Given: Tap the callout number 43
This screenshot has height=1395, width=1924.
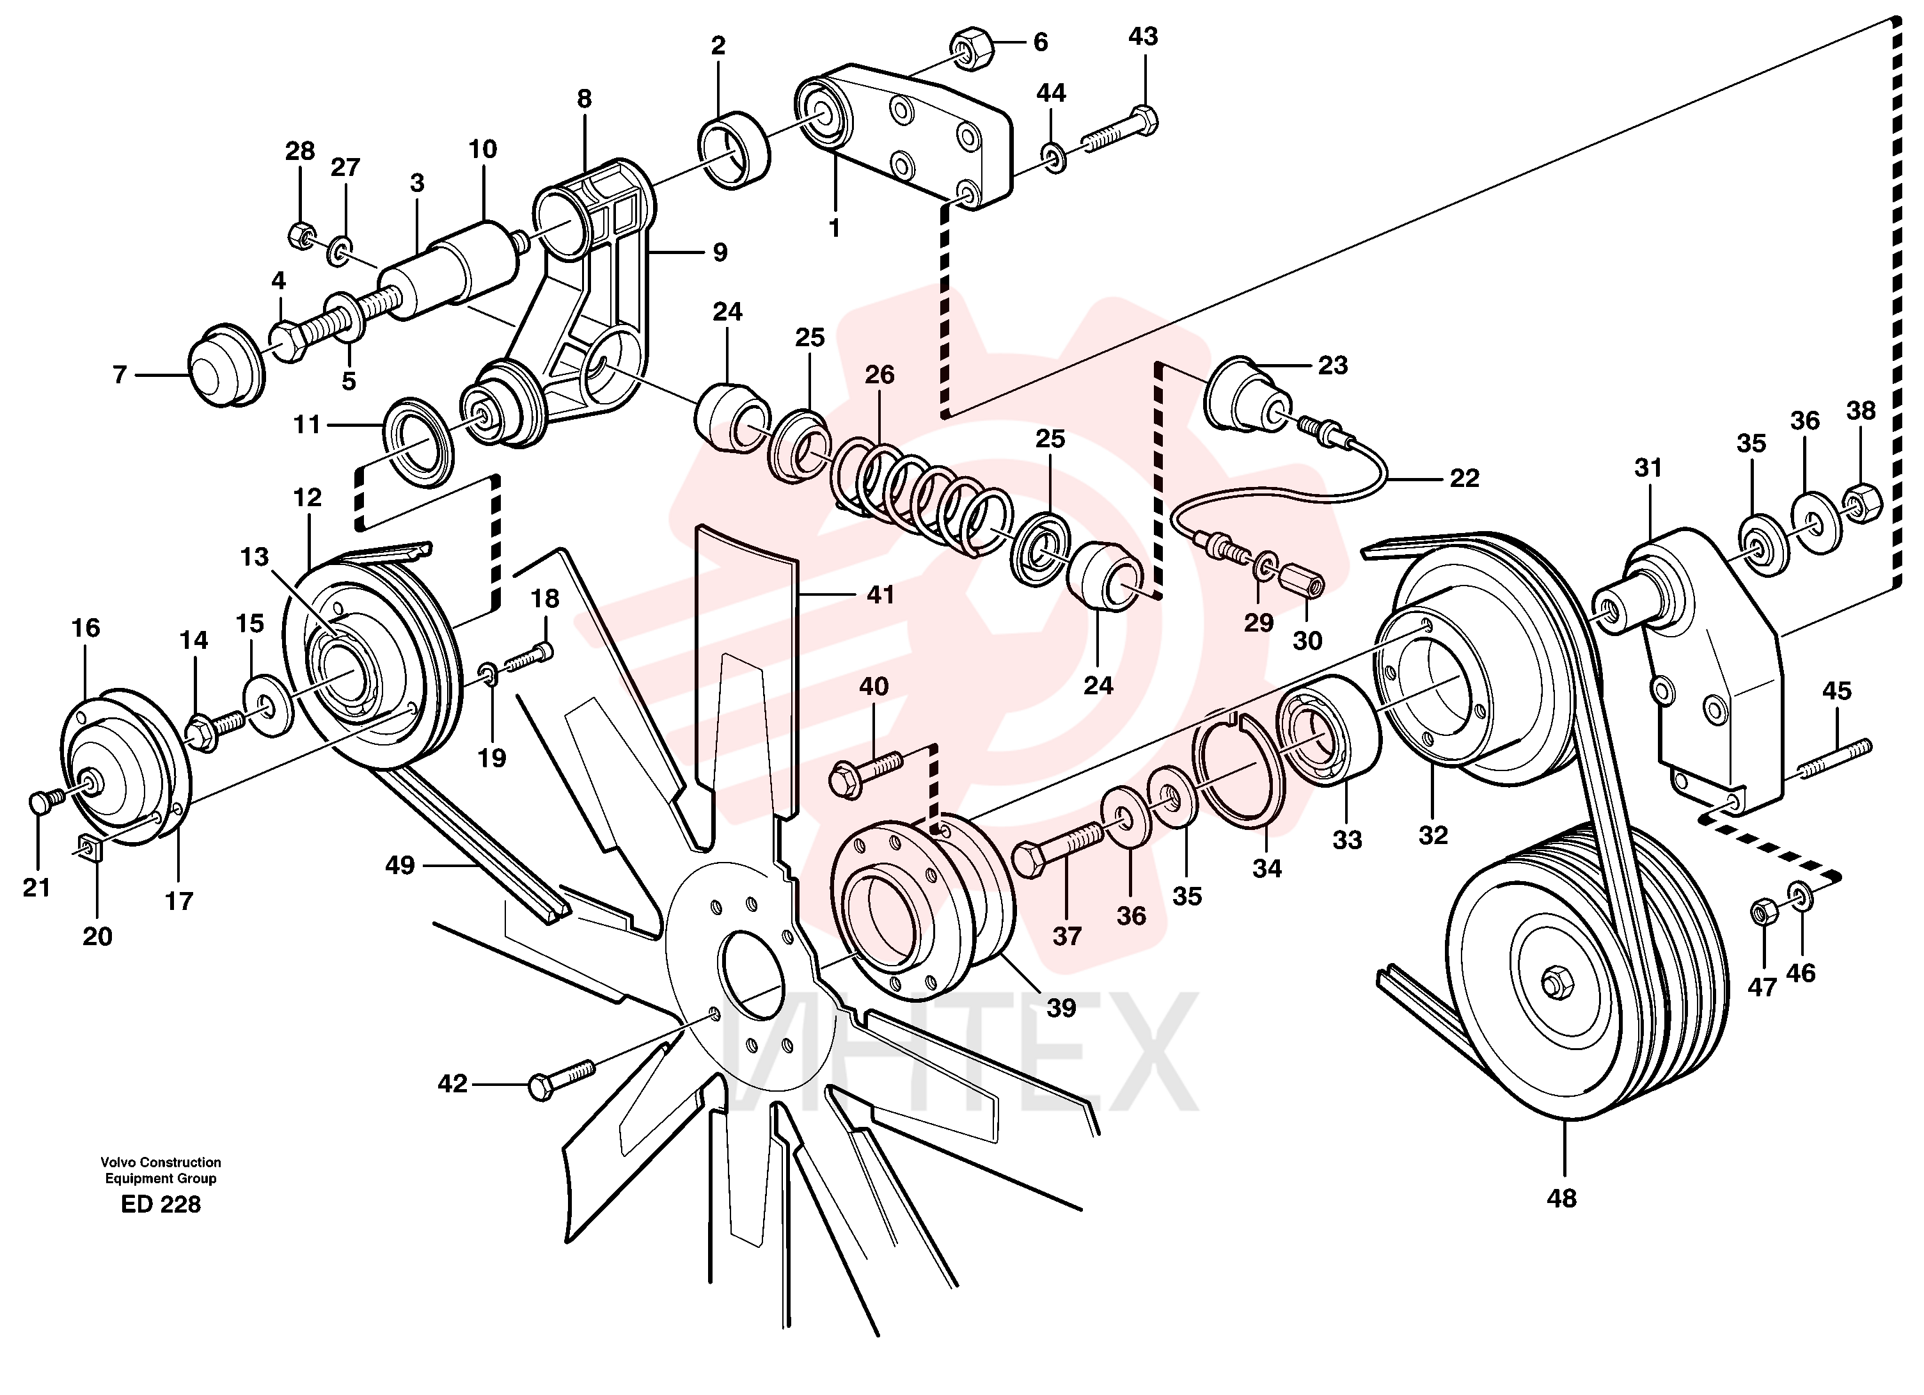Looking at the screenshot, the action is pos(1142,36).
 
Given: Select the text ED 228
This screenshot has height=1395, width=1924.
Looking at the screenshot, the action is pos(161,1204).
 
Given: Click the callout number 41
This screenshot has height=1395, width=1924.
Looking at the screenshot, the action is pos(881,595).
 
